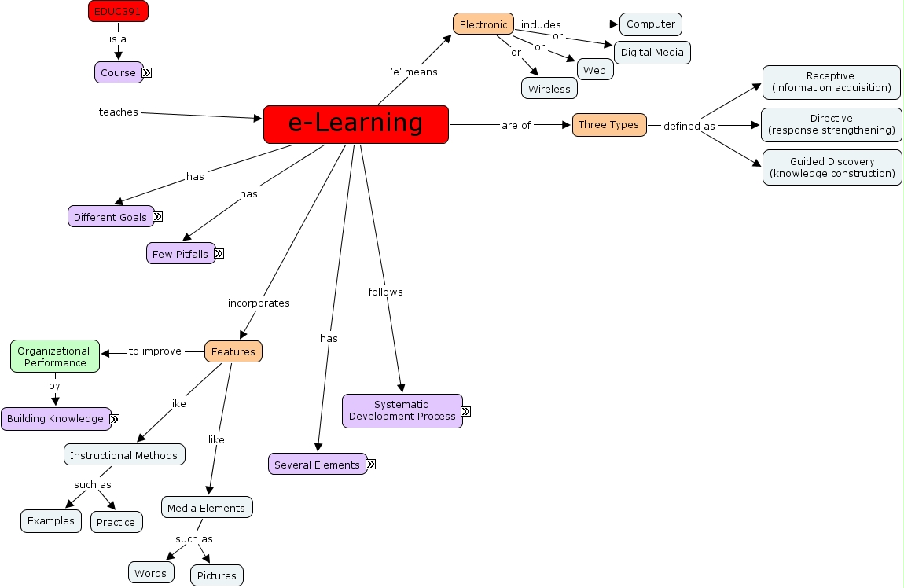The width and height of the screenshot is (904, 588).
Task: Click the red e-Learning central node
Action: (355, 124)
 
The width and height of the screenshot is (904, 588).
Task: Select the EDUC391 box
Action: (118, 11)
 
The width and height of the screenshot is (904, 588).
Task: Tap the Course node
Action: (118, 72)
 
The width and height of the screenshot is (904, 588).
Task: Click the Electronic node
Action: (483, 24)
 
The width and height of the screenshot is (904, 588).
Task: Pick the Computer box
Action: (650, 24)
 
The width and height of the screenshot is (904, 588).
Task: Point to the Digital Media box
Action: (652, 53)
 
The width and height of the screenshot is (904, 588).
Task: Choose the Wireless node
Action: (549, 89)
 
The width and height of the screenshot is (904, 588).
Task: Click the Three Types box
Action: (608, 125)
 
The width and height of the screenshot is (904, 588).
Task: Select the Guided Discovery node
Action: (832, 167)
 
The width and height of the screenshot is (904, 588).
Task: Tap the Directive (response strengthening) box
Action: (831, 124)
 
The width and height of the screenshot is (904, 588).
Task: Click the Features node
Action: (233, 351)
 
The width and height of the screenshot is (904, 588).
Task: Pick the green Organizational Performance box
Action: (54, 357)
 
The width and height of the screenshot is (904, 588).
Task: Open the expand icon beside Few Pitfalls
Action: (219, 254)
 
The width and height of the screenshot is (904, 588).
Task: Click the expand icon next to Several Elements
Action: (371, 465)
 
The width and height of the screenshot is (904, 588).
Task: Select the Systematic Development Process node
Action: (402, 410)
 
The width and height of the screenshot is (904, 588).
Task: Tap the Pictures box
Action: (216, 575)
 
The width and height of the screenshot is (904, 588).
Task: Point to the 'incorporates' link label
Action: (259, 303)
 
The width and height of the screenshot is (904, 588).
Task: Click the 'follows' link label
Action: (385, 292)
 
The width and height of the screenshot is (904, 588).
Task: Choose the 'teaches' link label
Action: (118, 112)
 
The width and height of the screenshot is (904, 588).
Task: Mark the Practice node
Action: (116, 522)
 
